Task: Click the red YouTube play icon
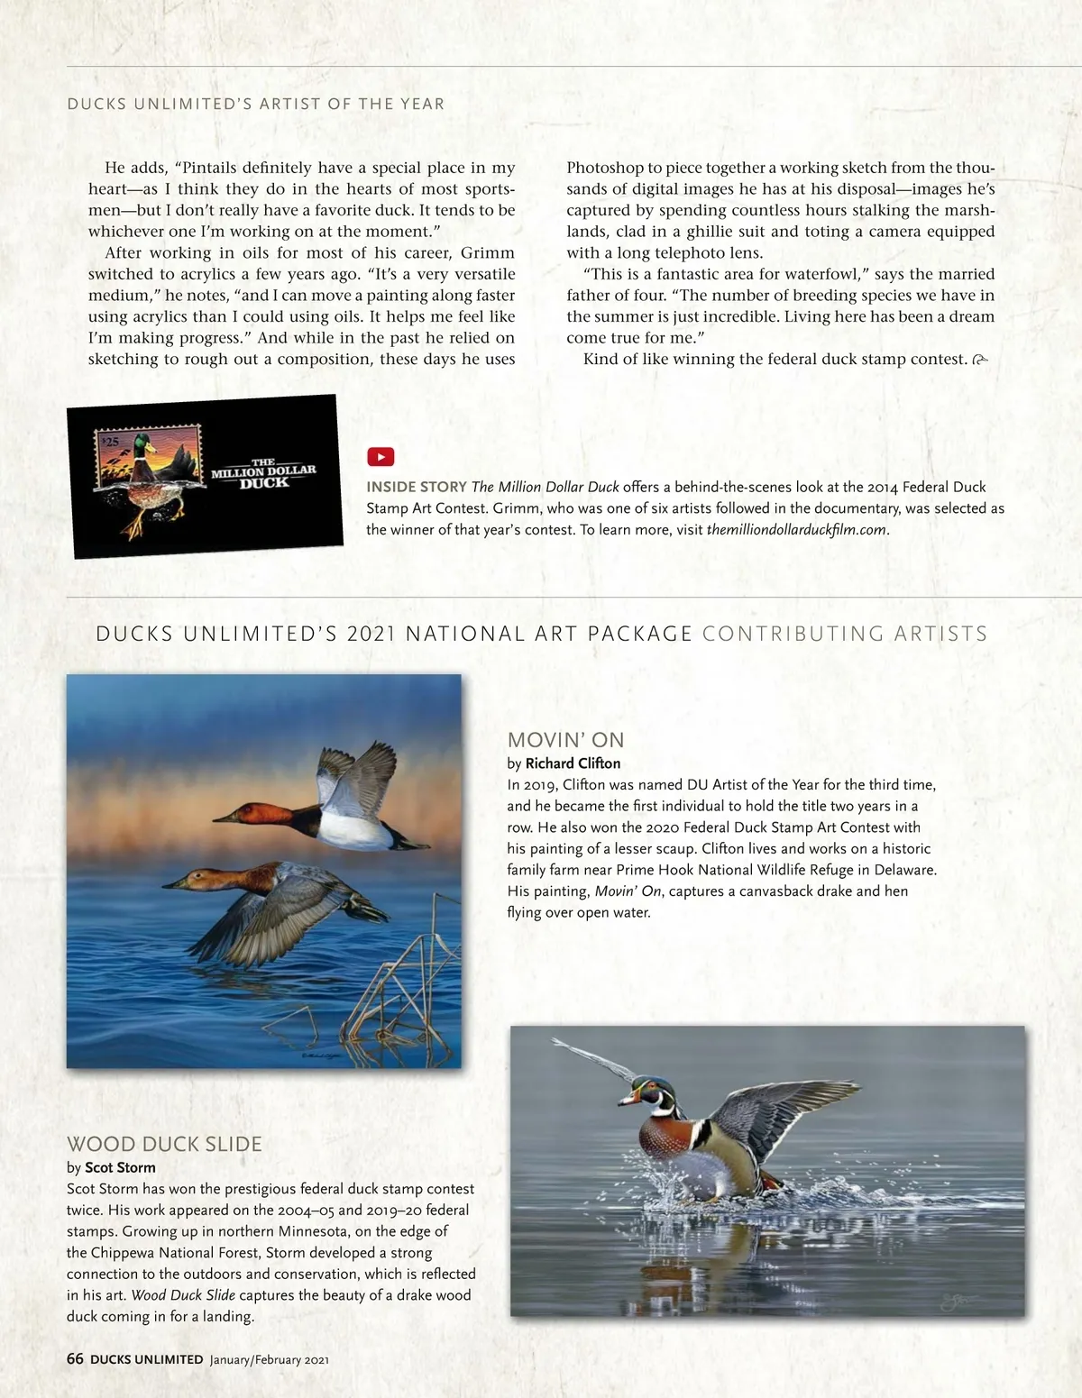point(381,457)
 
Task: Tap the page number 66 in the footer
point(75,1358)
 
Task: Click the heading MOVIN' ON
point(565,740)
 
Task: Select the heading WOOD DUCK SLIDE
point(164,1144)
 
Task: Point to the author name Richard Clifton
point(573,763)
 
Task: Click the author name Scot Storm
point(120,1167)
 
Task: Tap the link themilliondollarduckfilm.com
point(796,530)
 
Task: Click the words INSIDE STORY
point(416,487)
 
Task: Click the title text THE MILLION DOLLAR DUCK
point(263,472)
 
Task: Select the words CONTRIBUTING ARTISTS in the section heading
point(844,634)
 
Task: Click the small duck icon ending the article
point(980,360)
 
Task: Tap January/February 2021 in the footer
point(270,1359)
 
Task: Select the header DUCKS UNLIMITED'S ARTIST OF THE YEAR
point(255,104)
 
